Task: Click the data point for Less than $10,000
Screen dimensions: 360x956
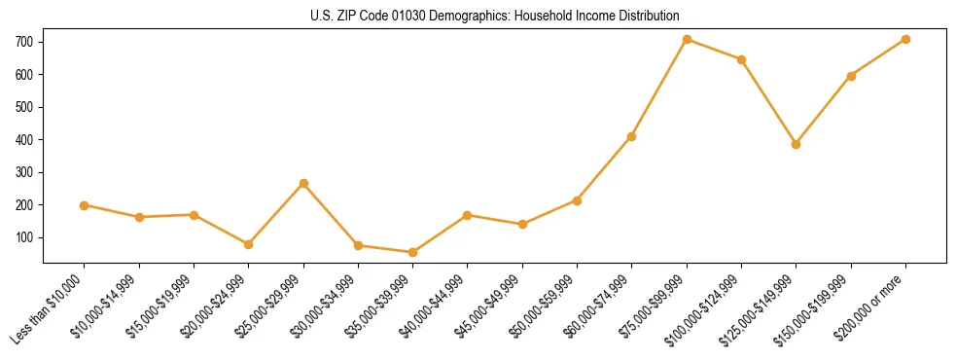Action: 85,205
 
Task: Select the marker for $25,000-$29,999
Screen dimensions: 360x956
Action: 303,183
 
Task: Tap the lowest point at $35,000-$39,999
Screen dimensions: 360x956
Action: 413,252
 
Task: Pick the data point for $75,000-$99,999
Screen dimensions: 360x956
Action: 687,40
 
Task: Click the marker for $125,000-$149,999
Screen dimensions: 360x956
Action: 797,144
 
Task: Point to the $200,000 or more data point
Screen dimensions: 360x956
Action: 905,40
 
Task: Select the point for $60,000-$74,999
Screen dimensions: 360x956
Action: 632,136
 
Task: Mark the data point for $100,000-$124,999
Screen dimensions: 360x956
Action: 741,59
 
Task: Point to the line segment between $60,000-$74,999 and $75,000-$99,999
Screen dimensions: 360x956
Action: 659,88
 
